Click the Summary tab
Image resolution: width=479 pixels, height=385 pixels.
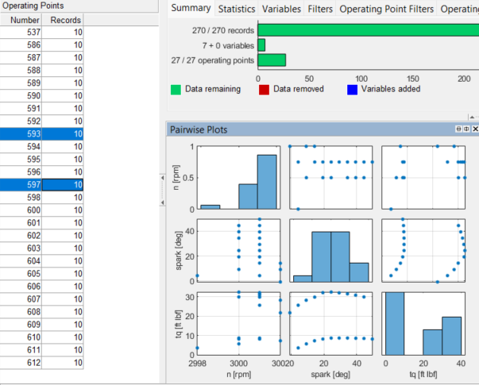coord(191,9)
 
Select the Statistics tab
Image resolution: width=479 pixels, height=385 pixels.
coord(238,10)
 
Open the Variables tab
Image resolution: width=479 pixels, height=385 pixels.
coord(281,10)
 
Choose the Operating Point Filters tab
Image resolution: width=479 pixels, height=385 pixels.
coord(387,10)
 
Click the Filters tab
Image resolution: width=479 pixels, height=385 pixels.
coord(320,10)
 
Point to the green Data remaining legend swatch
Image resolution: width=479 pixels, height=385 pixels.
coord(176,89)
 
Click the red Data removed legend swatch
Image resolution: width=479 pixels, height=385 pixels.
coord(265,89)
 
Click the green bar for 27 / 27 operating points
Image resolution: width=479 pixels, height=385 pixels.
coord(272,60)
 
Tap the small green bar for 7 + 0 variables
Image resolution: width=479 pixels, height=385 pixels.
coord(261,45)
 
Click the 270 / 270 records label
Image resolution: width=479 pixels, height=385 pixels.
coord(224,30)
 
